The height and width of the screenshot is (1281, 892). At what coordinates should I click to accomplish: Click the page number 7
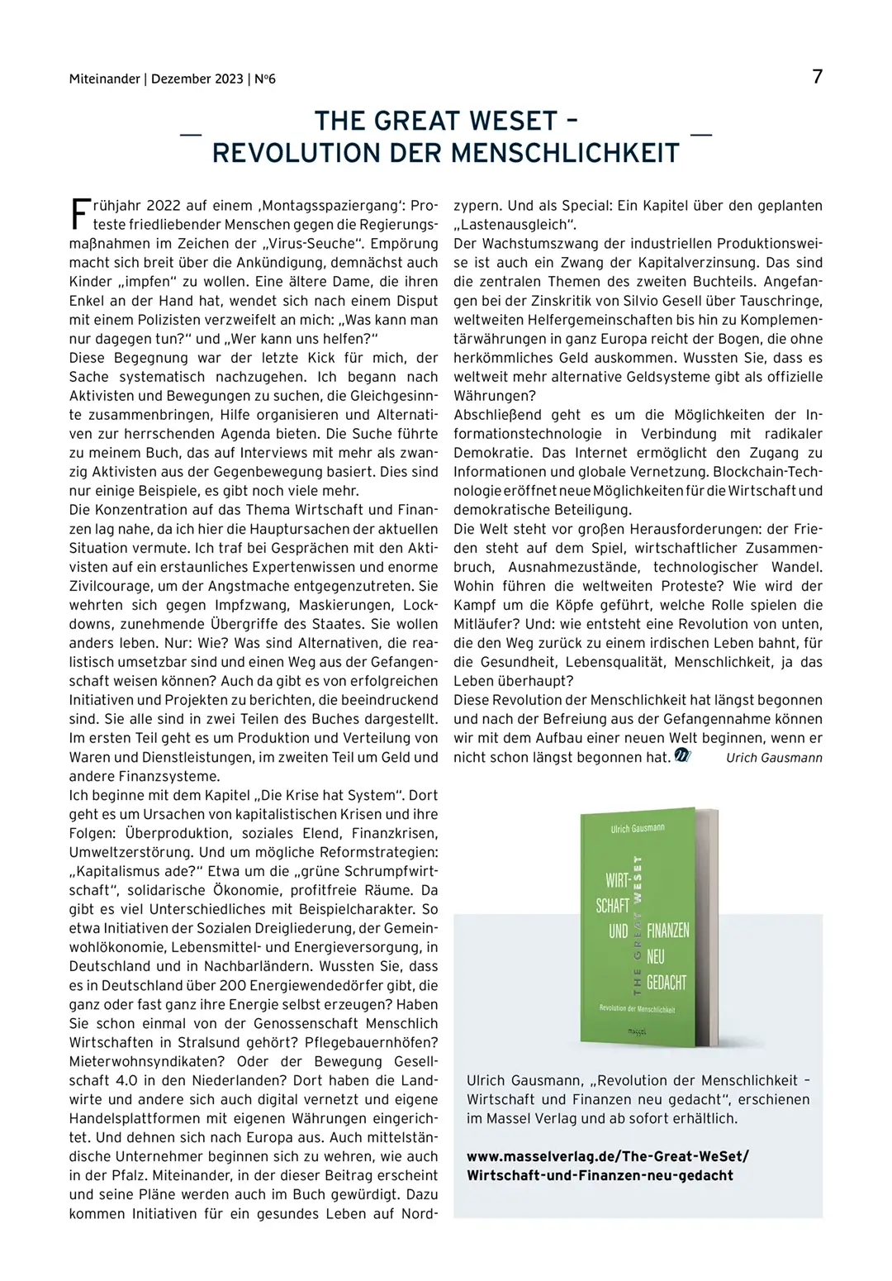coord(817,77)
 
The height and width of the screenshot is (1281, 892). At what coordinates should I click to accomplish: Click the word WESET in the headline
coord(514,121)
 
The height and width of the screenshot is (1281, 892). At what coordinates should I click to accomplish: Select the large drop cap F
coord(78,213)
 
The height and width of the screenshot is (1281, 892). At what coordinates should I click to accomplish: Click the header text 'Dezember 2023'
coord(197,79)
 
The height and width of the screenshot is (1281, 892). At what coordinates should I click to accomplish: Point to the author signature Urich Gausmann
coord(774,758)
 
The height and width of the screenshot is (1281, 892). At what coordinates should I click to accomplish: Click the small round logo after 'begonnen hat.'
coord(682,755)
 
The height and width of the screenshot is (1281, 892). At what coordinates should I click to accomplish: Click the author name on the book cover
coord(637,828)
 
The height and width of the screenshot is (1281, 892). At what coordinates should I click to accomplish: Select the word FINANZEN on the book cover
coord(667,931)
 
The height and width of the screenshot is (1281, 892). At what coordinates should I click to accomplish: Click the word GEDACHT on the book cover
coord(666,983)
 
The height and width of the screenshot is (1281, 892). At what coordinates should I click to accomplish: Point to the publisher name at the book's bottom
coord(636,1031)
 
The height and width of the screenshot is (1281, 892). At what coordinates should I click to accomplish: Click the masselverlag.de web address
coord(607,1157)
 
